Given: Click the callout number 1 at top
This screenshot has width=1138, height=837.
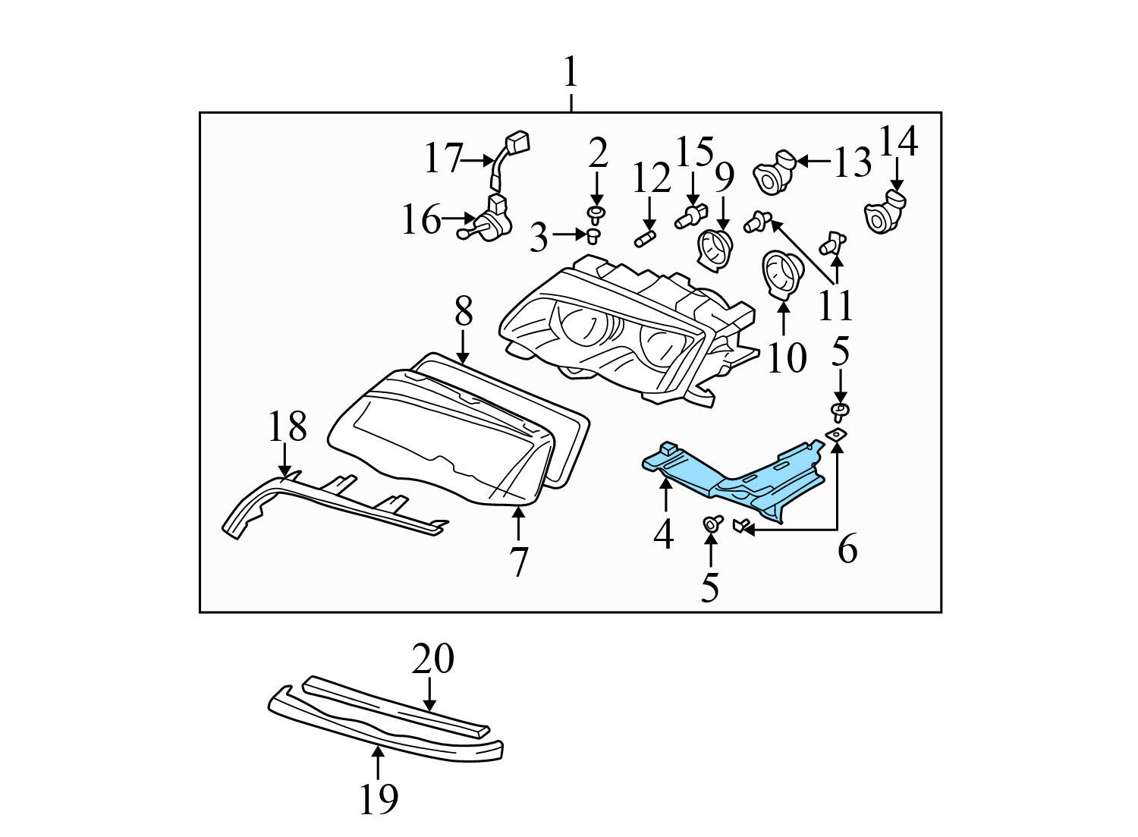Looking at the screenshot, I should pyautogui.click(x=571, y=74).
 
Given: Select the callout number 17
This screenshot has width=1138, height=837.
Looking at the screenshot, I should pyautogui.click(x=442, y=159).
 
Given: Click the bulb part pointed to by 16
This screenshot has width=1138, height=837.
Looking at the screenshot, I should pyautogui.click(x=486, y=222).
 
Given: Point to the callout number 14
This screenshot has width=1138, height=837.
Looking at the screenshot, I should pyautogui.click(x=898, y=141).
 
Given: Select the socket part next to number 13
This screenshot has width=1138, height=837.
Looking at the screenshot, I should pyautogui.click(x=773, y=171).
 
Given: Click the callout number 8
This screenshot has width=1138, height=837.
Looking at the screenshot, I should pyautogui.click(x=464, y=311).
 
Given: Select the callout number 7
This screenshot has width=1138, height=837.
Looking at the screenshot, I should pyautogui.click(x=518, y=562).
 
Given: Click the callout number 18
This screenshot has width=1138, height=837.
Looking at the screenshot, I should pyautogui.click(x=287, y=426).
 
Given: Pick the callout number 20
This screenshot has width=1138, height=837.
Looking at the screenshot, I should pyautogui.click(x=432, y=659).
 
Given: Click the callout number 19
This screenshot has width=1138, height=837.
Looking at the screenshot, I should pyautogui.click(x=378, y=798).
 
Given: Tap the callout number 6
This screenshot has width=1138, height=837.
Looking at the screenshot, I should pyautogui.click(x=847, y=549).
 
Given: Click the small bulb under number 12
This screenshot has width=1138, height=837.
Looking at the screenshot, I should pyautogui.click(x=645, y=240).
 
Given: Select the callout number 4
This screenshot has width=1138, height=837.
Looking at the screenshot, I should pyautogui.click(x=663, y=534).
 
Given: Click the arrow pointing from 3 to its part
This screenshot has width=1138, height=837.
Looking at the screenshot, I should pyautogui.click(x=569, y=235).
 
